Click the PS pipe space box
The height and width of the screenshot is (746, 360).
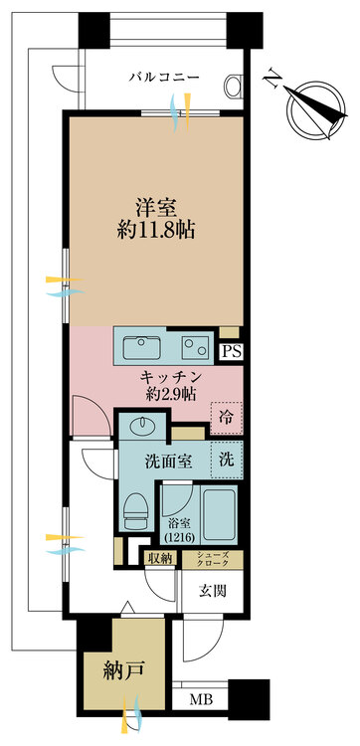(231, 350)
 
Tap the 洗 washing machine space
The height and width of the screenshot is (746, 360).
(227, 462)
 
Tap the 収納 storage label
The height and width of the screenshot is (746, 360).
(159, 559)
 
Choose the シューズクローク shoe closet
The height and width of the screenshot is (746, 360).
(210, 559)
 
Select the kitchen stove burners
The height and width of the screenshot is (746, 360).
(193, 346)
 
